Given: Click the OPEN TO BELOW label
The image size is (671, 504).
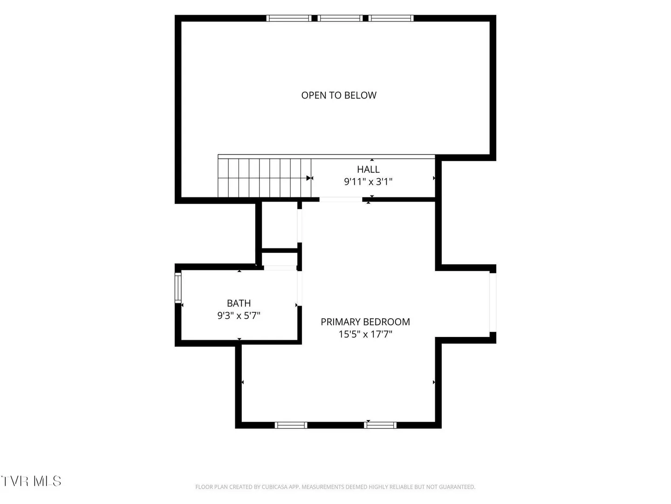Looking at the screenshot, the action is pos(339,96).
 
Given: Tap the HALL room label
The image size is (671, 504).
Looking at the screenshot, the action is pos(369,169).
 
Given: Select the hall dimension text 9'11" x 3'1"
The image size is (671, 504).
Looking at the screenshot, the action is pos(368,182).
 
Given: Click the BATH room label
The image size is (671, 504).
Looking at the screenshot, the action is pos(239,303).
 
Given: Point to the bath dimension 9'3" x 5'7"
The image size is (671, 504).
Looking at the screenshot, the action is pos(239,315).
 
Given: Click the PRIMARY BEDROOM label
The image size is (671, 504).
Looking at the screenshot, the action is pos(365,322).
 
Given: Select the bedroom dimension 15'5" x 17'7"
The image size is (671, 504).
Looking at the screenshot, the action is pos(365,334).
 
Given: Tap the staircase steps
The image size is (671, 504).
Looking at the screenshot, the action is pos(264,178).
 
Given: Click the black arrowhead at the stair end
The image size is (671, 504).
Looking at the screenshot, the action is pos(309,178).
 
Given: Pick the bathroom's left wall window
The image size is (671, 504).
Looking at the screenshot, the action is pos(178,287).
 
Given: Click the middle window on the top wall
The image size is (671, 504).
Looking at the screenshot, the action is pos(340,18).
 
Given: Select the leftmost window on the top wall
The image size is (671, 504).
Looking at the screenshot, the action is pos(288,18).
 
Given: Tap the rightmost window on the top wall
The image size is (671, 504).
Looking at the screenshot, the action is pos(390,18).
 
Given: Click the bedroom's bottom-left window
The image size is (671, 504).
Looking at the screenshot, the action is pos(291,425).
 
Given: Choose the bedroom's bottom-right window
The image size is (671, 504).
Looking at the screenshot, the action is pos(380,425).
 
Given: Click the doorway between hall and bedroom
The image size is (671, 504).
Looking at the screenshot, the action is pos(341,200).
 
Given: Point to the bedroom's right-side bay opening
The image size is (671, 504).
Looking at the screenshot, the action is pos(493,302).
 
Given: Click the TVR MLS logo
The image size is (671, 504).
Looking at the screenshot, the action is pos(31,481).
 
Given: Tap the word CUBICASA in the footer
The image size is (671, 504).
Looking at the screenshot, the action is pos(273,487).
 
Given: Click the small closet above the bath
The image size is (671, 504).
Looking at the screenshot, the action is pos(280,225).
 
